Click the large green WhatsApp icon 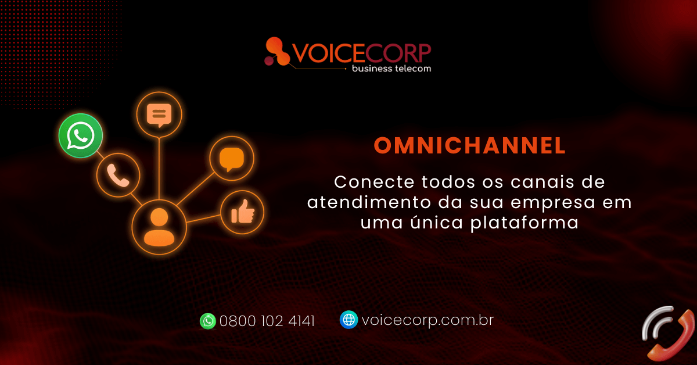[81, 135]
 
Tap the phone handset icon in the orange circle [118, 176]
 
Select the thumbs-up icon [243, 212]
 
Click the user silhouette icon [159, 227]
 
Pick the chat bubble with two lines [159, 115]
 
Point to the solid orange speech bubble [232, 159]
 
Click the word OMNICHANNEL [469, 145]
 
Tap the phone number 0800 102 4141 [267, 321]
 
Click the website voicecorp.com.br [428, 320]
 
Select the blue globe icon [348, 320]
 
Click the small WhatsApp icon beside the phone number [207, 321]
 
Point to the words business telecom [391, 69]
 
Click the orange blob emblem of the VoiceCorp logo [276, 52]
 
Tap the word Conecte [374, 182]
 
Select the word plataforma [524, 223]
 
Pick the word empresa [553, 203]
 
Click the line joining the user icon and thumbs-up [203, 219]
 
